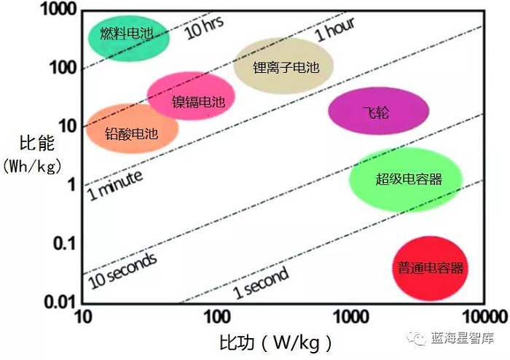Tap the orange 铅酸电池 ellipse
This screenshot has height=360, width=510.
pyautogui.click(x=132, y=129)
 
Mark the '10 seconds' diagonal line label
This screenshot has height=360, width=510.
pyautogui.click(x=122, y=266)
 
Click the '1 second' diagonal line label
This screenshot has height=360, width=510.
pyautogui.click(x=261, y=283)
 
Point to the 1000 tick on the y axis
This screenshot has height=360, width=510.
pyautogui.click(x=56, y=11)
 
